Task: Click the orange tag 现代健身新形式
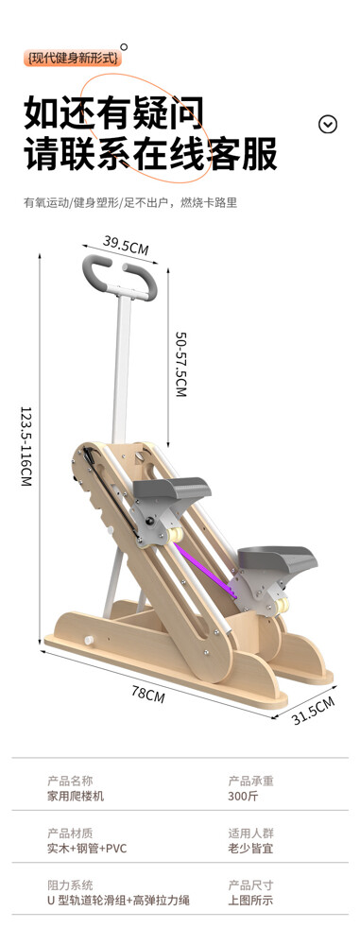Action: [75, 59]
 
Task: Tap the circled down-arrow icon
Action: [328, 124]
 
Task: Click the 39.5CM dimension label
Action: [126, 245]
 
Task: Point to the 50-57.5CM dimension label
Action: [180, 364]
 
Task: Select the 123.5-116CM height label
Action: [26, 445]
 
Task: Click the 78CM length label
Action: [147, 694]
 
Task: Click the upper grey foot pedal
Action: [172, 488]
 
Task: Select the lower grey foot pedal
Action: [277, 558]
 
